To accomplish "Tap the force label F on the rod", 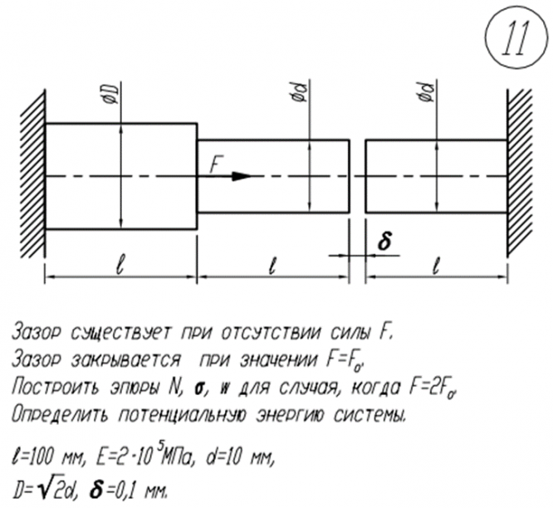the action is click(x=215, y=165).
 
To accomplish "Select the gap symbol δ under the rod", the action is click(x=384, y=242).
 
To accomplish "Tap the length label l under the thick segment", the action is click(x=120, y=266).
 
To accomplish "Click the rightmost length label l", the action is click(x=436, y=266).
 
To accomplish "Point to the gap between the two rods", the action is click(x=357, y=175).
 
